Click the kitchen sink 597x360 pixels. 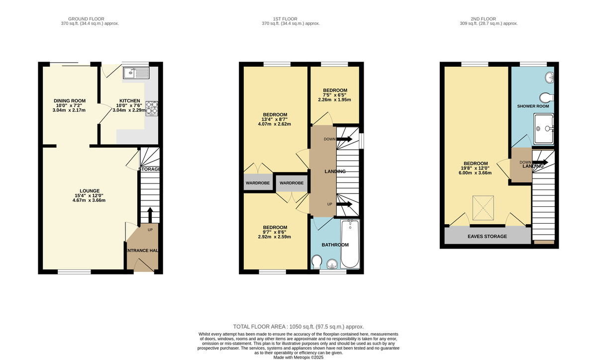pyautogui.click(x=136, y=73)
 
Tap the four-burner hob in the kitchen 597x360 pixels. pyautogui.click(x=152, y=108)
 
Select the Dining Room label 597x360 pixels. pyautogui.click(x=70, y=101)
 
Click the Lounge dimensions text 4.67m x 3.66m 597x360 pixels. pyautogui.click(x=89, y=200)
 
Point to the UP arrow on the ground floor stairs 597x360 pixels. pyautogui.click(x=150, y=215)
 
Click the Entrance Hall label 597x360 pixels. pyautogui.click(x=142, y=251)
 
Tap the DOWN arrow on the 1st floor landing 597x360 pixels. pyautogui.click(x=344, y=139)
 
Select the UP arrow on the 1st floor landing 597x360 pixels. pyautogui.click(x=344, y=204)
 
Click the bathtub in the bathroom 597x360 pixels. pyautogui.click(x=350, y=244)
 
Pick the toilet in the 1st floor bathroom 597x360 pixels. pyautogui.click(x=316, y=262)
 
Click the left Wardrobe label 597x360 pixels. pyautogui.click(x=258, y=183)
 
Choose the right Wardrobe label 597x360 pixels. pyautogui.click(x=292, y=183)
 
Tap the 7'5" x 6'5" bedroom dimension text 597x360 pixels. pyautogui.click(x=334, y=95)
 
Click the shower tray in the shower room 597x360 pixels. pyautogui.click(x=544, y=129)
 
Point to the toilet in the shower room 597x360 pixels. pyautogui.click(x=547, y=98)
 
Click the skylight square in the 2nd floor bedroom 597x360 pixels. pyautogui.click(x=483, y=208)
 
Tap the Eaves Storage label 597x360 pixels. pyautogui.click(x=487, y=236)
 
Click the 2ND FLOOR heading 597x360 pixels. pyautogui.click(x=483, y=19)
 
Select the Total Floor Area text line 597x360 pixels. pyautogui.click(x=298, y=327)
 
